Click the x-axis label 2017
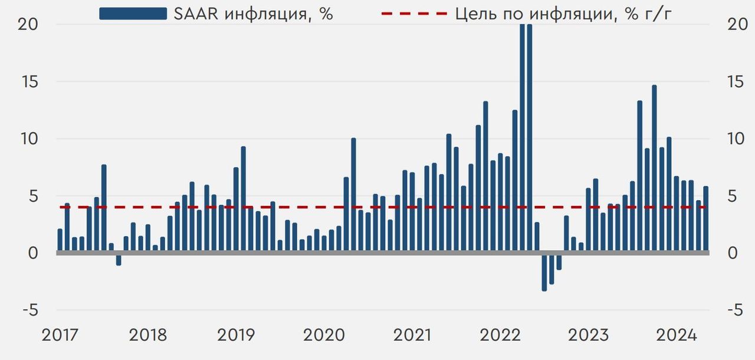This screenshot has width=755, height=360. pyautogui.click(x=60, y=335)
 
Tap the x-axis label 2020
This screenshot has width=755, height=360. pyautogui.click(x=324, y=335)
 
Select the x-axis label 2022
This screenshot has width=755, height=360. pyautogui.click(x=500, y=335)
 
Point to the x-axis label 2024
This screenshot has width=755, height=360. pyautogui.click(x=677, y=335)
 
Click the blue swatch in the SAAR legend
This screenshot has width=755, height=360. pyautogui.click(x=133, y=14)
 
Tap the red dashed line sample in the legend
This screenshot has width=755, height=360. pyautogui.click(x=413, y=14)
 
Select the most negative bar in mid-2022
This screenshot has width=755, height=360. pyautogui.click(x=544, y=271)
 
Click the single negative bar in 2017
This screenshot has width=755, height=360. pyautogui.click(x=119, y=259)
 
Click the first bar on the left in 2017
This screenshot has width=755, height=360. pyautogui.click(x=60, y=241)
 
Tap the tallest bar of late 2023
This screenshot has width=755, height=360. pyautogui.click(x=654, y=169)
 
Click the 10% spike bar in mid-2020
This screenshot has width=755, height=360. pyautogui.click(x=353, y=195)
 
